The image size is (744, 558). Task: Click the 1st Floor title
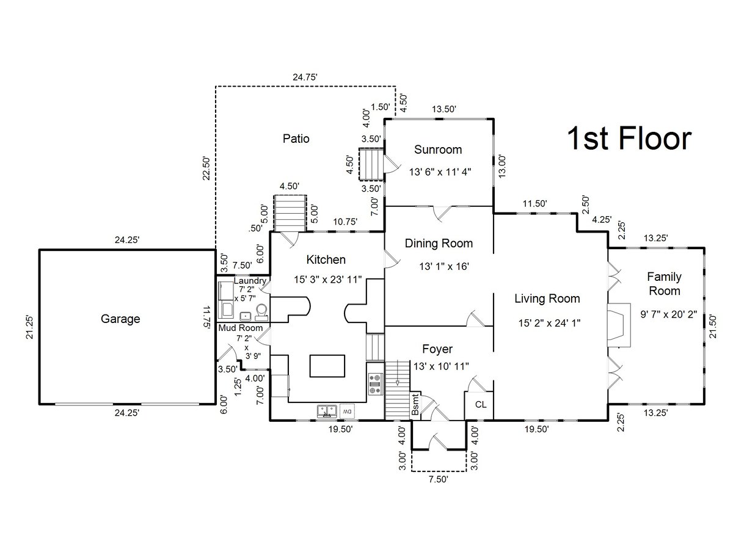pyautogui.click(x=629, y=138)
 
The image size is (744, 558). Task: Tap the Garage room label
pyautogui.click(x=120, y=319)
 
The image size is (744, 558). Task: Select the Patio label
pyautogui.click(x=296, y=139)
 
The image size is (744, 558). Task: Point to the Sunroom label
pyautogui.click(x=438, y=150)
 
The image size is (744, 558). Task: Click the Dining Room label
pyautogui.click(x=439, y=243)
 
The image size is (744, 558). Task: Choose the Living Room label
pyautogui.click(x=547, y=299)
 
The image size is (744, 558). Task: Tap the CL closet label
pyautogui.click(x=481, y=404)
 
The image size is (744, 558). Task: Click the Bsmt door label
pyautogui.click(x=415, y=404)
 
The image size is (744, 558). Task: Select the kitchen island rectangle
pyautogui.click(x=327, y=366)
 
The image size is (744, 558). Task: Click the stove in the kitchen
pyautogui.click(x=376, y=384)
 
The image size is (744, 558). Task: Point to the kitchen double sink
pyautogui.click(x=327, y=411)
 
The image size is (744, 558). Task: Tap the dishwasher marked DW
pyautogui.click(x=347, y=411)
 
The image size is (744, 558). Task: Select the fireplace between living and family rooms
pyautogui.click(x=619, y=325)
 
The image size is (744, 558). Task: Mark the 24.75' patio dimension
pyautogui.click(x=305, y=78)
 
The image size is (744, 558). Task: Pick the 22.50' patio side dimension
pyautogui.click(x=206, y=168)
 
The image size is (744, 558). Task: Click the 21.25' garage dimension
pyautogui.click(x=29, y=327)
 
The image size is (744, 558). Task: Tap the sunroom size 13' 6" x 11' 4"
pyautogui.click(x=440, y=172)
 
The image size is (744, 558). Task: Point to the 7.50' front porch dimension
pyautogui.click(x=438, y=479)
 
